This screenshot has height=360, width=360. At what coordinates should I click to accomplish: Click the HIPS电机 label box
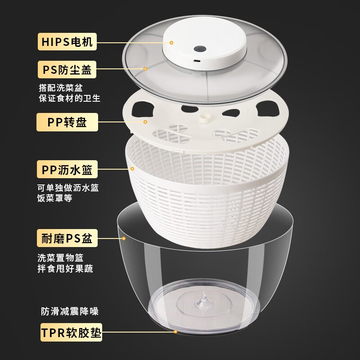tap(67, 43)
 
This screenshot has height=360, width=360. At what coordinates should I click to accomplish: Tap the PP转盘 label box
tap(67, 122)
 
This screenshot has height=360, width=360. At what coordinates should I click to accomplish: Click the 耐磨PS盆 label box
tap(67, 238)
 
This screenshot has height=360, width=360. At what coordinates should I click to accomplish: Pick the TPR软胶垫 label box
tap(71, 333)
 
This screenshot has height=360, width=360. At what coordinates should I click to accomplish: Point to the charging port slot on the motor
tap(197, 60)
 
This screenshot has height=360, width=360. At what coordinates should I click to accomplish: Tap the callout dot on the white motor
tap(171, 42)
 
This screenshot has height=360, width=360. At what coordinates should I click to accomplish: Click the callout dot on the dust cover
tap(145, 69)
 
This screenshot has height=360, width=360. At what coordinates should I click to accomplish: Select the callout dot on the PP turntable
tap(145, 121)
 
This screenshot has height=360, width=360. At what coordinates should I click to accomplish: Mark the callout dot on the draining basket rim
tap(132, 169)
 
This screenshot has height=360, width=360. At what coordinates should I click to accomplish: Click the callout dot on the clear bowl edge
tap(123, 238)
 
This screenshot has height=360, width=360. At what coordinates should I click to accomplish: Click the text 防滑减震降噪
tap(69, 311)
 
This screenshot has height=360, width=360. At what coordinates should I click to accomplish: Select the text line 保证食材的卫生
tap(69, 98)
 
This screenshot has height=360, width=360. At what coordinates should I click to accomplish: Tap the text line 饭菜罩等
tap(54, 198)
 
